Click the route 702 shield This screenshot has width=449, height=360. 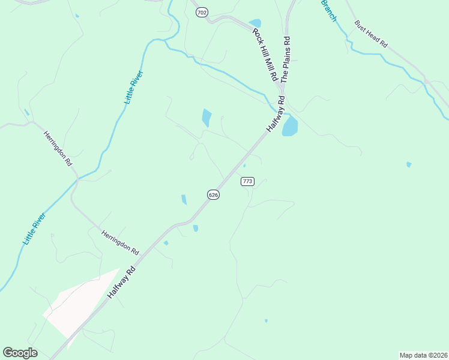[202, 13]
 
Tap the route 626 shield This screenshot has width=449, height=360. [213, 194]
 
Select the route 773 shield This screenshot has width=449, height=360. [247, 181]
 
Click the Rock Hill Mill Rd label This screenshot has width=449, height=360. [265, 55]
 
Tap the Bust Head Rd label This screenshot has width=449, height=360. [372, 35]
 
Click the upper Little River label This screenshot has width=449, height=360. [134, 88]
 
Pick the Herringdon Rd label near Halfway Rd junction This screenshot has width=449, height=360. [120, 242]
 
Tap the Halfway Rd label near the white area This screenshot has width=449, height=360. [122, 284]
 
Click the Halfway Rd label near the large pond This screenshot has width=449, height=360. [274, 115]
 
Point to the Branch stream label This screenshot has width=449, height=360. [329, 10]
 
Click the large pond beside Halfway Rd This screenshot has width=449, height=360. [290, 127]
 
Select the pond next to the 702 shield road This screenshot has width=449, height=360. [255, 23]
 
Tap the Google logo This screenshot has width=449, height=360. [20, 353]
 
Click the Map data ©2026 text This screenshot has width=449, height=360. [423, 355]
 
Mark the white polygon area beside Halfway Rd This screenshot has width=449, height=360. [78, 303]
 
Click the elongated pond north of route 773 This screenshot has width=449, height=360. [206, 118]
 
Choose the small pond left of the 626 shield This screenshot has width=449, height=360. [184, 199]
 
